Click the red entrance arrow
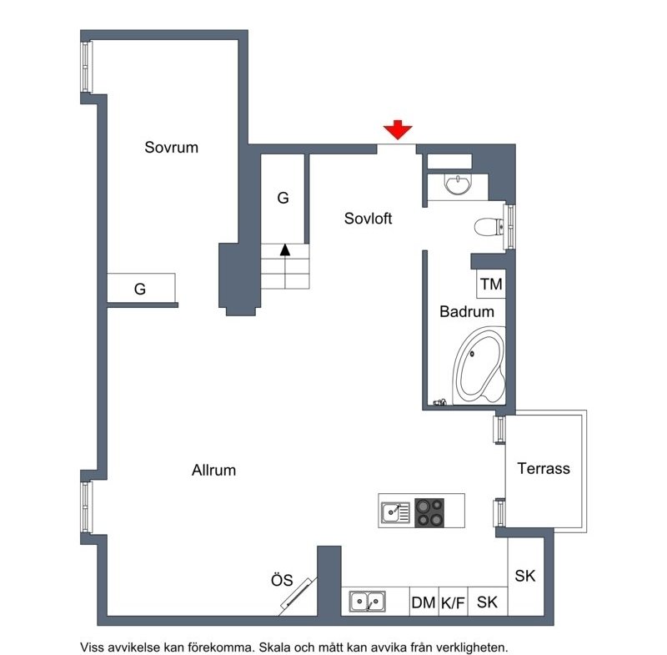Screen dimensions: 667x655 (x=398, y=130)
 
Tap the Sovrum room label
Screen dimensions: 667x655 (x=172, y=147)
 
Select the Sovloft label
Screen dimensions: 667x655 (x=368, y=219)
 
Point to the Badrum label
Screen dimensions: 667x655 (x=467, y=311)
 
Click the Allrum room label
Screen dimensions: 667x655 (x=213, y=471)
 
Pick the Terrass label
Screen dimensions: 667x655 (x=544, y=469)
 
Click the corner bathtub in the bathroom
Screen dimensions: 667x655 (x=479, y=366)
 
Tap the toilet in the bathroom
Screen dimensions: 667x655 (x=489, y=226)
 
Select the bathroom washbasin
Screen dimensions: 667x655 (x=458, y=184)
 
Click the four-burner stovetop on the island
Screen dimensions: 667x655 (x=429, y=513)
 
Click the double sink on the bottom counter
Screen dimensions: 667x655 (x=368, y=602)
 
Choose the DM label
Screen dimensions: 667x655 (x=424, y=602)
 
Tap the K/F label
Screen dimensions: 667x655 (x=453, y=602)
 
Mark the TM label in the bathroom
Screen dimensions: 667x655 (x=491, y=284)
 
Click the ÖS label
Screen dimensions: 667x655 (x=282, y=580)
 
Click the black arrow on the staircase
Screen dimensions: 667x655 (x=285, y=249)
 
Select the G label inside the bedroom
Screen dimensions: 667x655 (x=140, y=289)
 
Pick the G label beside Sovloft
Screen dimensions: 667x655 (x=283, y=198)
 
